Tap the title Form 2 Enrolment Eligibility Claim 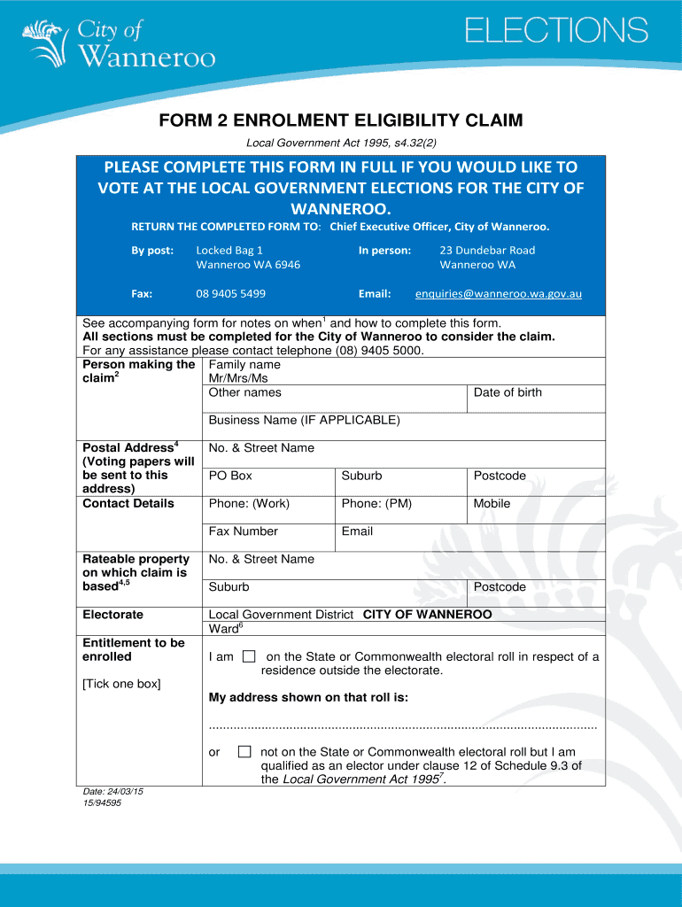click(x=341, y=120)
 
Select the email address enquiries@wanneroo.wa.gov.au click(x=499, y=293)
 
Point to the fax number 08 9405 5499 click(x=230, y=293)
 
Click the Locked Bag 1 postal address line click(x=229, y=250)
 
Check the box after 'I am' click(x=249, y=656)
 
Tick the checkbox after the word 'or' click(x=244, y=752)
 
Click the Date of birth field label click(x=508, y=392)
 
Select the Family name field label click(x=244, y=365)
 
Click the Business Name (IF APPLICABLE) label click(x=304, y=420)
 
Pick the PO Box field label click(x=230, y=476)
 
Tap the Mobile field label click(x=492, y=503)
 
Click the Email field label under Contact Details click(x=357, y=531)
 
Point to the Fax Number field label click(x=243, y=531)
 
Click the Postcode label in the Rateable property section click(x=500, y=587)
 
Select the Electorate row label click(x=112, y=615)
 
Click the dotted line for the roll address click(x=402, y=726)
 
